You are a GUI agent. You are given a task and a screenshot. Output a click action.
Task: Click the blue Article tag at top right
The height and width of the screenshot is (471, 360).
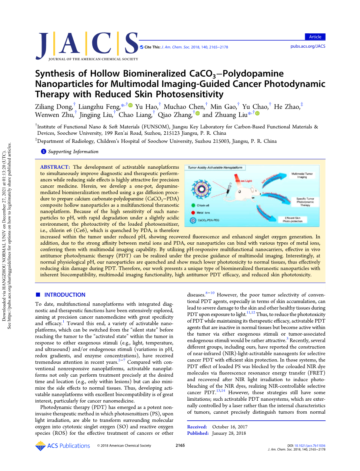[315, 37]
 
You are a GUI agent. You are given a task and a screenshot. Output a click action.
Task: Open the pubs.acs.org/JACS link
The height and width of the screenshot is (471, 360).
[308, 46]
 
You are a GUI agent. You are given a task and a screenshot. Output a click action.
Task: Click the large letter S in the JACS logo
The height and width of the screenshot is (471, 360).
[131, 44]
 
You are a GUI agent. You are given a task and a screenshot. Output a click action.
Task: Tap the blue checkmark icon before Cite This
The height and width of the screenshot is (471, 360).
[141, 47]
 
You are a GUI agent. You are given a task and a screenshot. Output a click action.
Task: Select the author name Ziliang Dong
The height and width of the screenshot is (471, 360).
[54, 107]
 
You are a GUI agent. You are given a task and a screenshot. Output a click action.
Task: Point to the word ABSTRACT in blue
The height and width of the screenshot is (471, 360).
[55, 167]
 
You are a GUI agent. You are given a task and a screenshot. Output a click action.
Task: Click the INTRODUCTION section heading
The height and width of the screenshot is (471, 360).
[64, 295]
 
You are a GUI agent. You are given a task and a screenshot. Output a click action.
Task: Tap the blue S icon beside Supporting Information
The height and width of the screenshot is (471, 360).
[43, 151]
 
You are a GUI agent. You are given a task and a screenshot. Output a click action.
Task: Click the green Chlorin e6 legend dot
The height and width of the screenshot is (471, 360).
[193, 205]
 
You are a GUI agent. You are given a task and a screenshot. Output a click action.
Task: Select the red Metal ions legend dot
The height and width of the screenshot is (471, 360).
[193, 213]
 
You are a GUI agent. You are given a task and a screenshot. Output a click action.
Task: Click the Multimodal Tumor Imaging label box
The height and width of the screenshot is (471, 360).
[302, 175]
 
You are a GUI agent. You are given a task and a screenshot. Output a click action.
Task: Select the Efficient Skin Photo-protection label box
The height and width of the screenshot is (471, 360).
[293, 220]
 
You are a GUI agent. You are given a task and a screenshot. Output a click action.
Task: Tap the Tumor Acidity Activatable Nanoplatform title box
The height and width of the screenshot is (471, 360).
[215, 168]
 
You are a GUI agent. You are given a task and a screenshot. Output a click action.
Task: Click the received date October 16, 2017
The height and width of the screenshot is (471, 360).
[230, 427]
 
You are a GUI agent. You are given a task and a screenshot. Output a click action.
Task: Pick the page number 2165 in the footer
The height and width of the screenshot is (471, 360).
[180, 445]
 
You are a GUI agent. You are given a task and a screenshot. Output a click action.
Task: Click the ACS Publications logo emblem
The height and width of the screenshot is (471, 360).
[40, 446]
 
